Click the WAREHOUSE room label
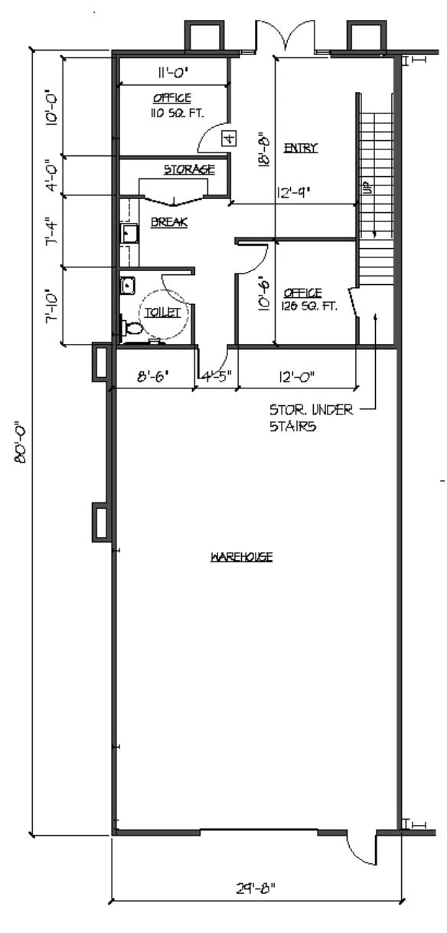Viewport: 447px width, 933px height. [242, 557]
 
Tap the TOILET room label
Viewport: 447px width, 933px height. [162, 313]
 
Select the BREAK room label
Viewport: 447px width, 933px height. [169, 223]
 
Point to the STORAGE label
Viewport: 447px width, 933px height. [188, 169]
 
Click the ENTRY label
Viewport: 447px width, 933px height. [301, 148]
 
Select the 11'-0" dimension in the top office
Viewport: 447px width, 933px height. [173, 74]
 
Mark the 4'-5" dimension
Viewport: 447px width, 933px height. [217, 376]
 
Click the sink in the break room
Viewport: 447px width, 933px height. [128, 233]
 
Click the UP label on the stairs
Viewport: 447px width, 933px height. [367, 188]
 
